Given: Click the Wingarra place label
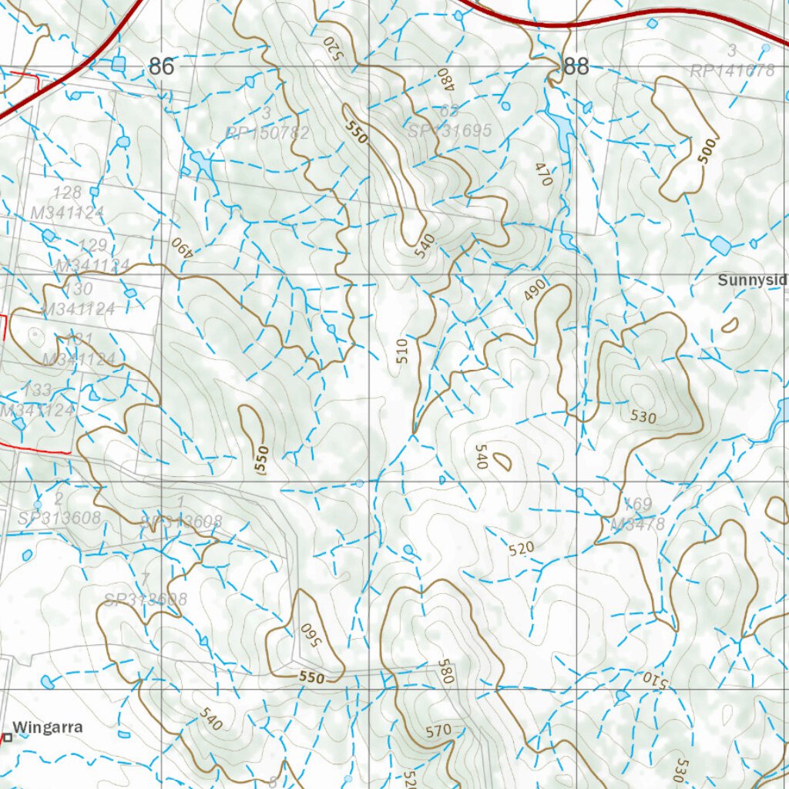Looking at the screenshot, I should pyautogui.click(x=48, y=727).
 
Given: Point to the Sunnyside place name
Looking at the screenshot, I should pyautogui.click(x=753, y=280).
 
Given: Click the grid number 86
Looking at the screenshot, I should pyautogui.click(x=161, y=67).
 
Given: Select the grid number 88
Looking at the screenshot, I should pyautogui.click(x=576, y=67).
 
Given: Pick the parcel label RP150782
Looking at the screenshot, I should pyautogui.click(x=267, y=133).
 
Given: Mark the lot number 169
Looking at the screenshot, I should pyautogui.click(x=637, y=505).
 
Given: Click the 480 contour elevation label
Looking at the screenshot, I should pyautogui.click(x=443, y=78).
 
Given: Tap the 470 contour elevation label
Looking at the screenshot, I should pyautogui.click(x=544, y=174).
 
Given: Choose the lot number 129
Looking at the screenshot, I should pyautogui.click(x=93, y=246).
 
